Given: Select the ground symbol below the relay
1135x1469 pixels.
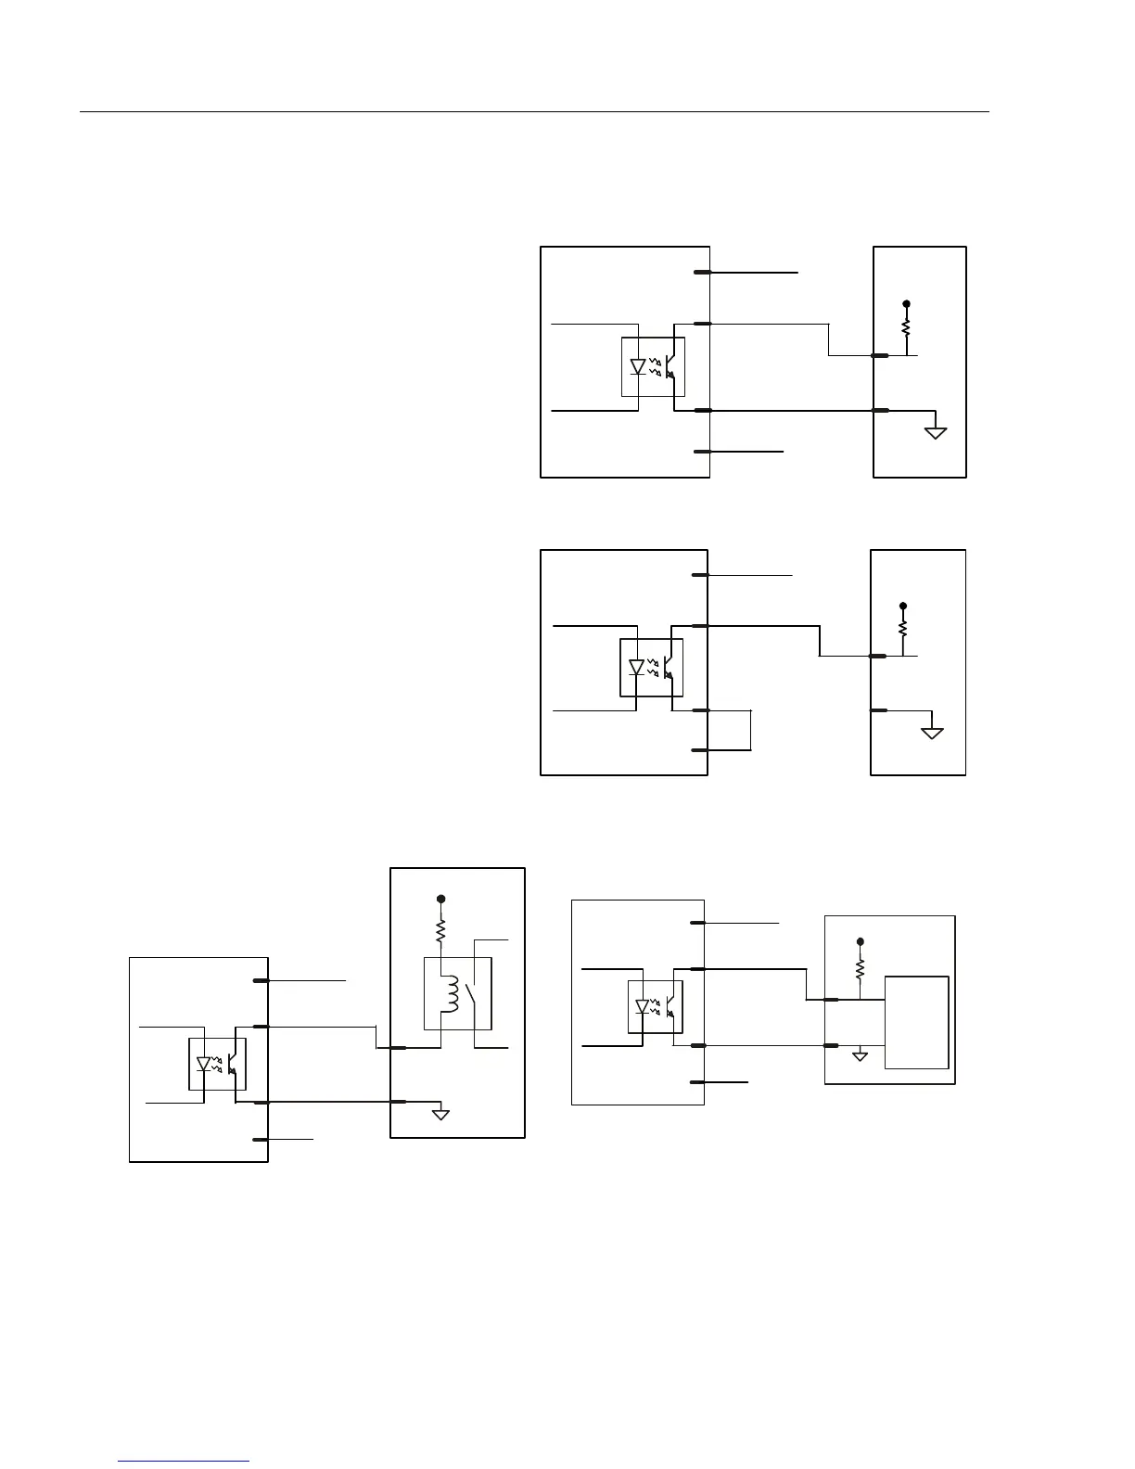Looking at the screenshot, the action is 440,1113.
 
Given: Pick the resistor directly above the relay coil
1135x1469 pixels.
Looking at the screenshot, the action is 441,928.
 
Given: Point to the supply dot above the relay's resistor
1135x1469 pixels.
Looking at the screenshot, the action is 441,899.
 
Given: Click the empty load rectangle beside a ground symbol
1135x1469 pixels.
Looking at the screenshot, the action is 916,1022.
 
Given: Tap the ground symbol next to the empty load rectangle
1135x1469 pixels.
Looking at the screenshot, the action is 860,1054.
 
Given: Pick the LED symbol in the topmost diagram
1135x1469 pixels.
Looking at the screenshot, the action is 638,366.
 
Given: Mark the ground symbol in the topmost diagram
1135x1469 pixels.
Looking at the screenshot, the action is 936,431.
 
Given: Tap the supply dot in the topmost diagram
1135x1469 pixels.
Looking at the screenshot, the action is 906,303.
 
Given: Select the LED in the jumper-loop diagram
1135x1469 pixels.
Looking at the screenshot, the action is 636,667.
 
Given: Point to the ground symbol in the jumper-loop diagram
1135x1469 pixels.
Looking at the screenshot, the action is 932,733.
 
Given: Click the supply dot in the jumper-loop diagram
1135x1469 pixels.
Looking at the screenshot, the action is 903,606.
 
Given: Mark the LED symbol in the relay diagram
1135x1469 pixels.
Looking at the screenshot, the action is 204,1064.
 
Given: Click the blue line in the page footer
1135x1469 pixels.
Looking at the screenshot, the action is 184,1462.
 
